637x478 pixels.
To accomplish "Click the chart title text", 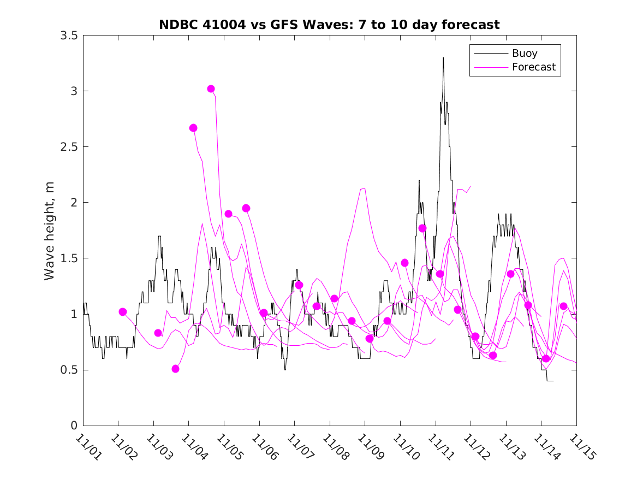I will [329, 25].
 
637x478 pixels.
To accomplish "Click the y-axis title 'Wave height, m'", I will [50, 230].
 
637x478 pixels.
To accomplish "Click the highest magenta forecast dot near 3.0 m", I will [211, 88].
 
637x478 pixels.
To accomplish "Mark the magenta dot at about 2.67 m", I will [193, 128].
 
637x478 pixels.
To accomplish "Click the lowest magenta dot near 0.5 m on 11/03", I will [175, 369].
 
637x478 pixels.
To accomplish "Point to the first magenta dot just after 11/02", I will [123, 312].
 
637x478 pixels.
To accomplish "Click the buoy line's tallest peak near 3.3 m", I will [443, 58].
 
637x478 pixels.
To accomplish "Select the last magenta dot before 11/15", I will [563, 306].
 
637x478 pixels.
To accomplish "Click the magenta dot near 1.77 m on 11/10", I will [422, 228].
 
